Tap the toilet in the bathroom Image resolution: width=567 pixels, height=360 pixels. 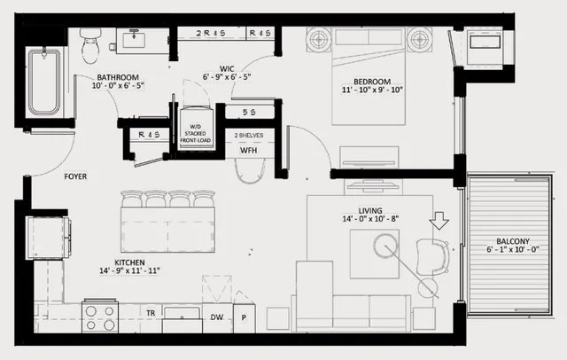[89, 44]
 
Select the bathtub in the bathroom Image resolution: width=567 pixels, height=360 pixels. [43, 82]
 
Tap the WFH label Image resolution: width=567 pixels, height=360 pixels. [249, 150]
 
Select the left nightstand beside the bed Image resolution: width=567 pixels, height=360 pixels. [320, 39]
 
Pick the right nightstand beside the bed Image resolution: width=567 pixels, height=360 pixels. [420, 39]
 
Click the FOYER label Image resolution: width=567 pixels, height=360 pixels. [75, 176]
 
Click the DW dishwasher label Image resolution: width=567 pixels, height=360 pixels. [217, 315]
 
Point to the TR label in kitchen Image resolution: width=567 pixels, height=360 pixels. [151, 314]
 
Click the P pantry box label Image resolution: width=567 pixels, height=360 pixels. [243, 315]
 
